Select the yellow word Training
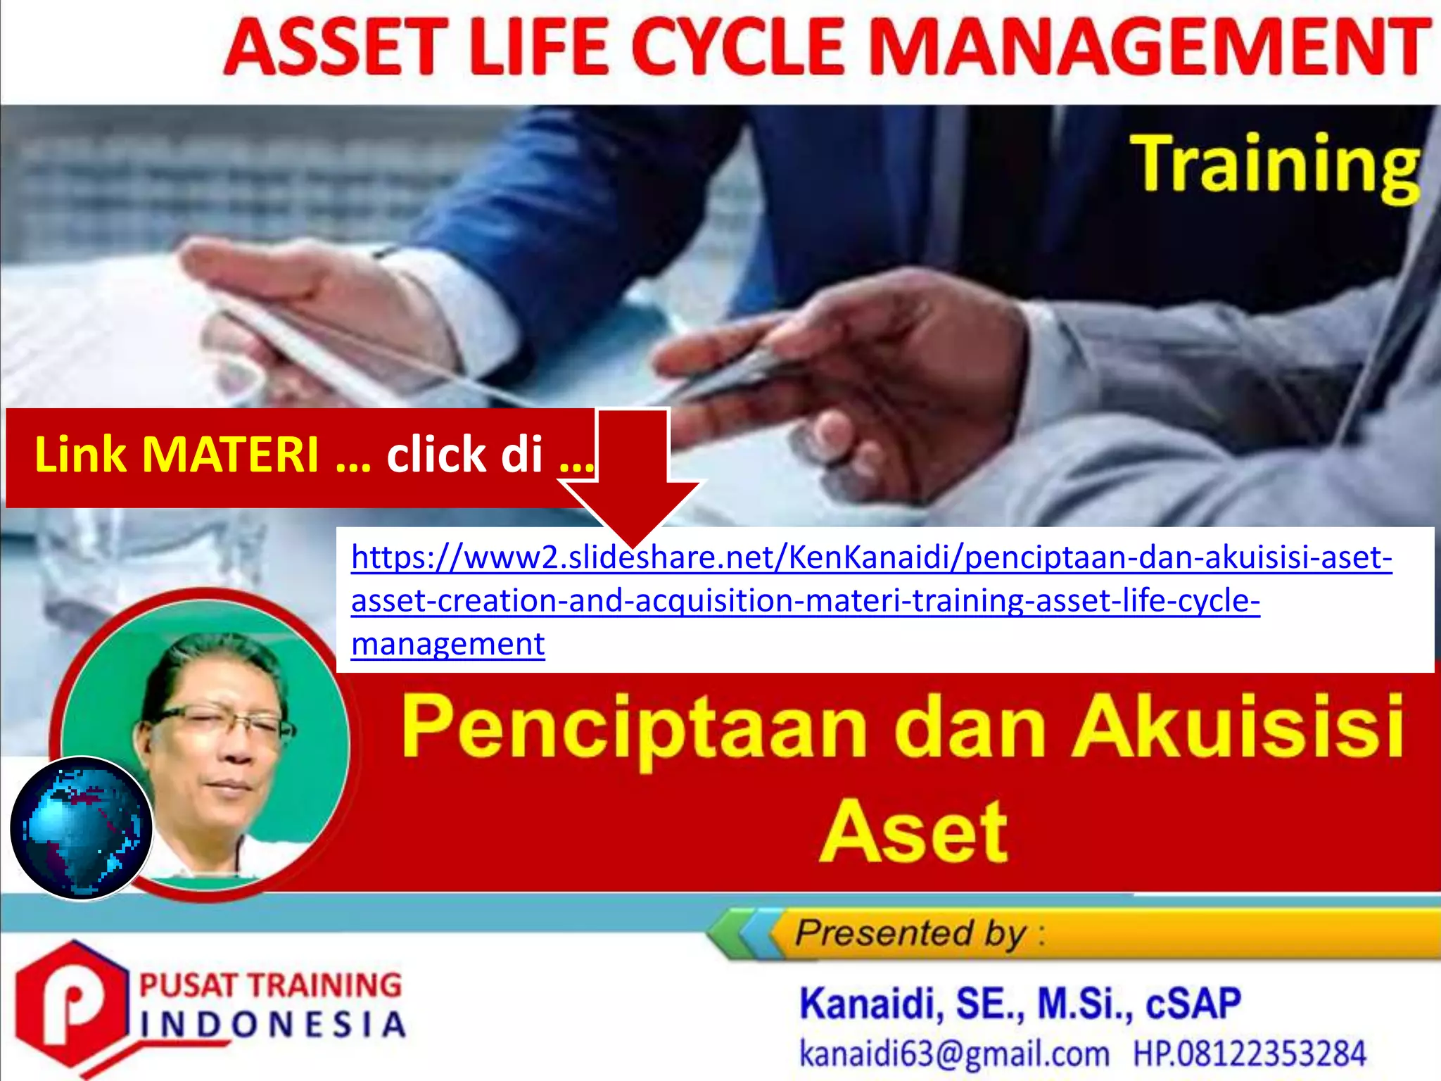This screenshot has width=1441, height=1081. click(x=1274, y=165)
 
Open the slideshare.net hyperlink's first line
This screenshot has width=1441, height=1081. click(x=871, y=557)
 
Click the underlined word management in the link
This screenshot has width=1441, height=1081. click(x=447, y=644)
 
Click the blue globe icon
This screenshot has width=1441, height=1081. click(x=82, y=828)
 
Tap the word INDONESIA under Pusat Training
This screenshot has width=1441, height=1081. click(x=273, y=1025)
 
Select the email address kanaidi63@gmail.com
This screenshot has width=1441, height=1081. click(x=953, y=1054)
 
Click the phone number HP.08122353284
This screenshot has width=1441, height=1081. click(x=1249, y=1054)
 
